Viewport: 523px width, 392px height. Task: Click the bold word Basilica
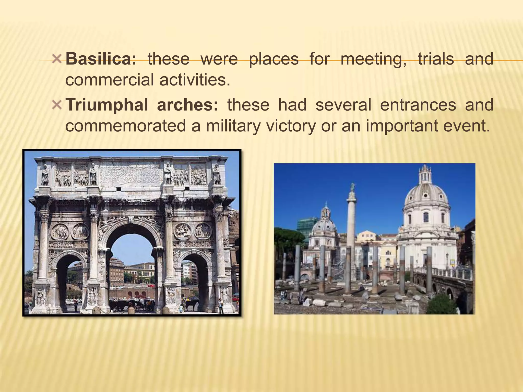[x=101, y=59]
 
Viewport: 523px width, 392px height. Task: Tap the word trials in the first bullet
[x=436, y=59]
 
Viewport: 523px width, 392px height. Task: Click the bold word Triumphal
[x=107, y=105]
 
